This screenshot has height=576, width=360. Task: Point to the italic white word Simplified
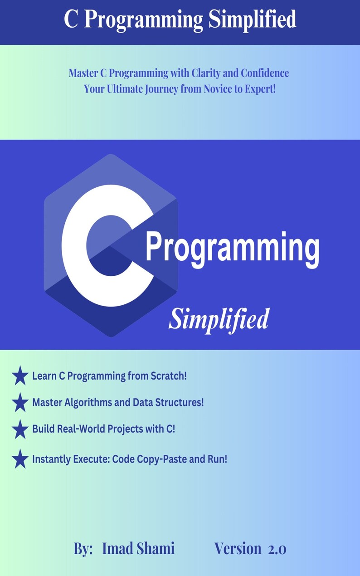click(219, 319)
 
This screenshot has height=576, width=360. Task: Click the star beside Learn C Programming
click(20, 376)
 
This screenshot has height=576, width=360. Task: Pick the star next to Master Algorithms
click(20, 402)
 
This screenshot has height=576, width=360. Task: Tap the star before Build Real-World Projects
click(20, 429)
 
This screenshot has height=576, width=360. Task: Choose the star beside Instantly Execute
click(20, 459)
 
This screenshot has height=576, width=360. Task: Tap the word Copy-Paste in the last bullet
click(156, 459)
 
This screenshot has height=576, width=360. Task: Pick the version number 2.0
click(277, 549)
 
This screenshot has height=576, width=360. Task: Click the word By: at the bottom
click(83, 549)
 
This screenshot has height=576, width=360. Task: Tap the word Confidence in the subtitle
click(265, 73)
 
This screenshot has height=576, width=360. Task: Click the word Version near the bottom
click(238, 549)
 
